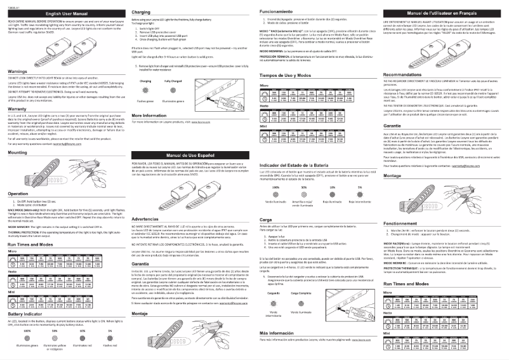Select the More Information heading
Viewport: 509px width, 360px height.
pos(152,134)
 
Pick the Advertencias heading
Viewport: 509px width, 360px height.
pos(148,218)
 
